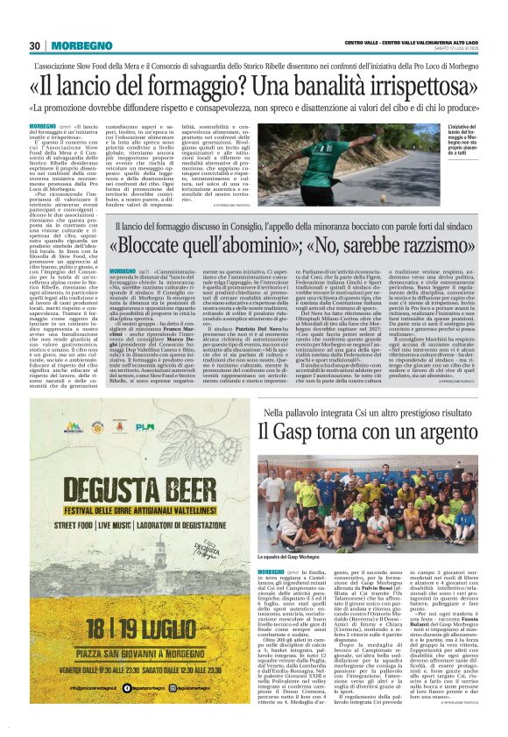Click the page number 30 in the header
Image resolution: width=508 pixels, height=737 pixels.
click(x=36, y=46)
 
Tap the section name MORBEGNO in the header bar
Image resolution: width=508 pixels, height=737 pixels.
click(x=78, y=46)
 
